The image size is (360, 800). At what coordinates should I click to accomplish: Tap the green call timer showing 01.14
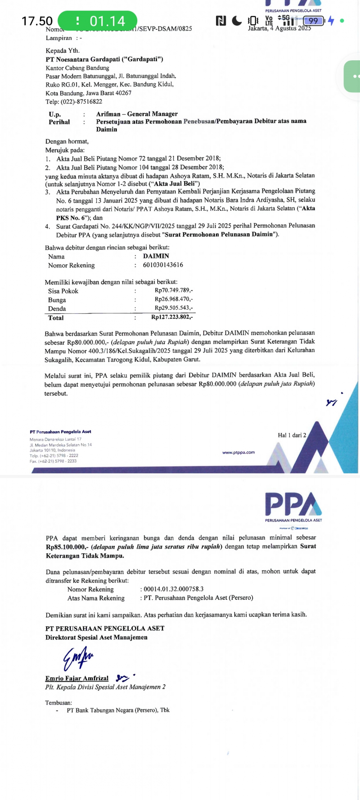[x=98, y=21]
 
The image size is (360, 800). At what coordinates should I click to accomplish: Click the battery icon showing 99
[x=314, y=21]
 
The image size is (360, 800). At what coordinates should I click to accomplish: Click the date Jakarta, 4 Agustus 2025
[x=279, y=28]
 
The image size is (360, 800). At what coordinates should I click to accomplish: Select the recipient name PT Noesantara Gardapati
[x=104, y=59]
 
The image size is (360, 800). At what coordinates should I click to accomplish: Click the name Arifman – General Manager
[x=137, y=114]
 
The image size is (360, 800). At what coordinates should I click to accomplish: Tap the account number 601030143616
[x=163, y=265]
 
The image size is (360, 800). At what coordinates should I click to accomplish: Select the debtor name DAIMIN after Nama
[x=156, y=256]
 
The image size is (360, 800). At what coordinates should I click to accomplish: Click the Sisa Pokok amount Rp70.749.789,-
[x=174, y=290]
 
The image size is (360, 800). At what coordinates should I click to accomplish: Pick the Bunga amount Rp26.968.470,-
[x=174, y=299]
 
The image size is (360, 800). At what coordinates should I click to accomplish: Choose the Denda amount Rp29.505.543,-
[x=174, y=308]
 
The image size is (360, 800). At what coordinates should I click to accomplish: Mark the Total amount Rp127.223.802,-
[x=172, y=317]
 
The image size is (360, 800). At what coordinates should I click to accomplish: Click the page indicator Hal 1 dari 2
[x=292, y=435]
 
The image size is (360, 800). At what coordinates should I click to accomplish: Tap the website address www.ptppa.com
[x=238, y=452]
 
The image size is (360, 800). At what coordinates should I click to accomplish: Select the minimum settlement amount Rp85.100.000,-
[x=67, y=547]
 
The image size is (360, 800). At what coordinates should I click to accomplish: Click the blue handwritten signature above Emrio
[x=78, y=658]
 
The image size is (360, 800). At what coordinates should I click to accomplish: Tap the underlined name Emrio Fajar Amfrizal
[x=77, y=678]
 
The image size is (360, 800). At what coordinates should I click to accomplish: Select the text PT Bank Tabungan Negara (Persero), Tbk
[x=118, y=710]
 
